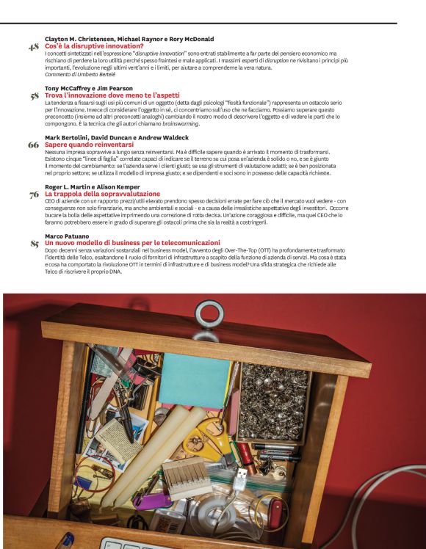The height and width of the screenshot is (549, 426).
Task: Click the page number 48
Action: [33, 48]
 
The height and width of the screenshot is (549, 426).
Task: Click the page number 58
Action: [33, 95]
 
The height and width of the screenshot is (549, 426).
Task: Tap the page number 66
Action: [33, 145]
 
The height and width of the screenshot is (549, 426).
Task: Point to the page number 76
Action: [33, 194]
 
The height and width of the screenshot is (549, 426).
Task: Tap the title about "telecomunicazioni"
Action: [132, 242]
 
